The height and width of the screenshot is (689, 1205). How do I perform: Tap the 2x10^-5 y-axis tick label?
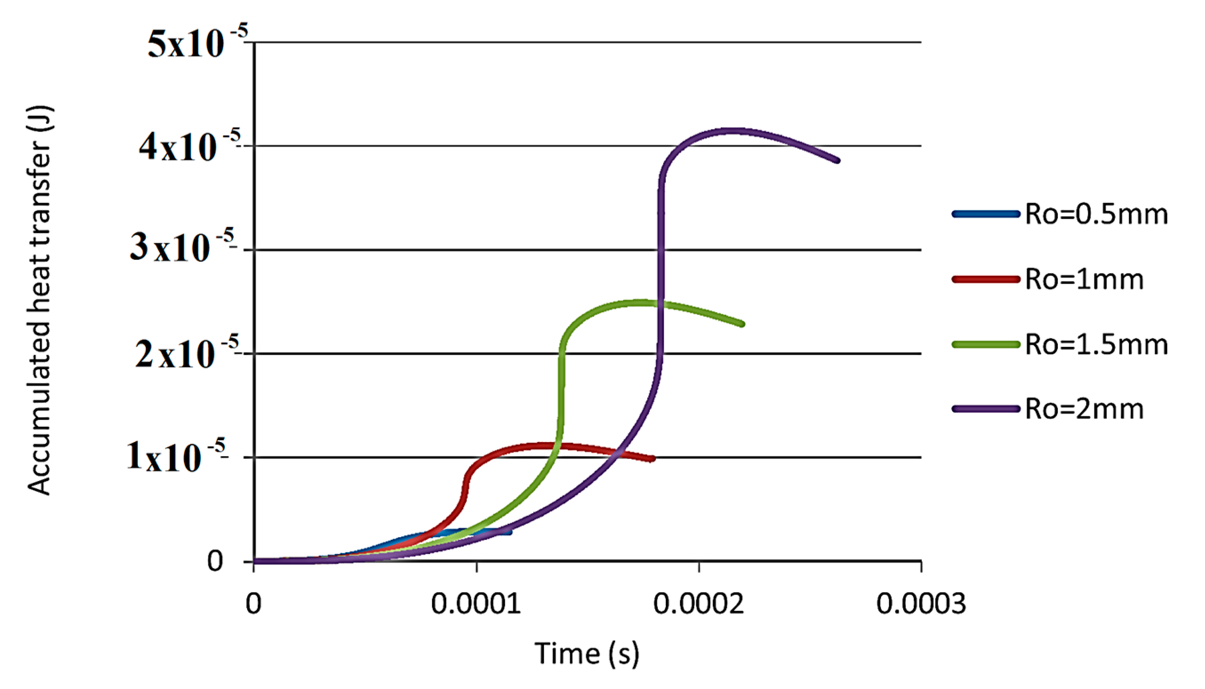coord(187,354)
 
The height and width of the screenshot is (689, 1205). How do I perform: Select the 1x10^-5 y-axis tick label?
coord(176,457)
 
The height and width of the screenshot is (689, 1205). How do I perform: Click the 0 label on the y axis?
coord(215,562)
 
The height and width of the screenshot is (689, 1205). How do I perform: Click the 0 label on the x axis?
coord(254,604)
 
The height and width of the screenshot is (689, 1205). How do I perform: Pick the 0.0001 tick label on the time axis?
coord(476,604)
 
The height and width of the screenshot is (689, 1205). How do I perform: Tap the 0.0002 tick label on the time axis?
coord(699,604)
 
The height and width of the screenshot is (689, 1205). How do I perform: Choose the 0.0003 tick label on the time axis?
coord(921,604)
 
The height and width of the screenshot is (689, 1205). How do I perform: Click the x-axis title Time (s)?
coord(587,654)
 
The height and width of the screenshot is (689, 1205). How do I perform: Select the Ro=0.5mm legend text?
coord(1096,215)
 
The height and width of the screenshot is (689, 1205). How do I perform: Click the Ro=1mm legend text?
coord(1084,279)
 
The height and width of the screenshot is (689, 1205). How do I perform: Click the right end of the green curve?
coord(742,324)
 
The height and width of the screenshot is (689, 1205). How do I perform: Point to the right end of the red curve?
coord(653,458)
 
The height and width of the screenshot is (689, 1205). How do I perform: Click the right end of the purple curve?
coord(837,160)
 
